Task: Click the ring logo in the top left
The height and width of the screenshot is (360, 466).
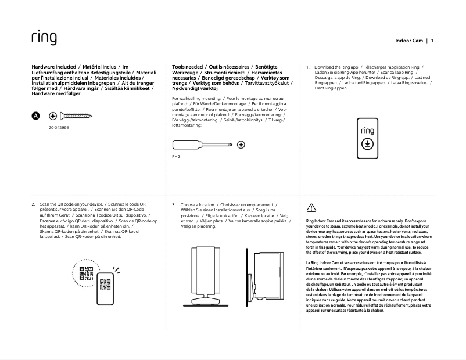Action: coord(44,38)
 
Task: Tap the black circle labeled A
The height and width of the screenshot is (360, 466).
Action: coord(35,116)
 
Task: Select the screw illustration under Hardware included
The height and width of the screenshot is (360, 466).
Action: coord(75,116)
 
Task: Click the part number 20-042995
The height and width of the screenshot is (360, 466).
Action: coord(58,127)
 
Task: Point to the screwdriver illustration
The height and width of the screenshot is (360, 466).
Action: coord(203,144)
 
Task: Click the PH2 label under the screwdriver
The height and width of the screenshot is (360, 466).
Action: coord(177,156)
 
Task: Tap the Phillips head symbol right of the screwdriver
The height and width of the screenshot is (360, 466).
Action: coord(241,144)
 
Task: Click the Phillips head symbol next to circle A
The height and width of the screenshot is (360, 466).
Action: coord(52,116)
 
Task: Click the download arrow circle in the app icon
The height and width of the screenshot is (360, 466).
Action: coord(367,145)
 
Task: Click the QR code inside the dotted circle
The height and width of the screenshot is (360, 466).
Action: coord(85,272)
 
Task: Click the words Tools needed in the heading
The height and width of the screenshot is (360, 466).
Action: coord(187,67)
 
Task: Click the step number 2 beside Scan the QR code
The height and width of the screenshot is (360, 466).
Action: coord(33,205)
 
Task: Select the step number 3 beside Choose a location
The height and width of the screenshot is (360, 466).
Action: coord(174,205)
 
